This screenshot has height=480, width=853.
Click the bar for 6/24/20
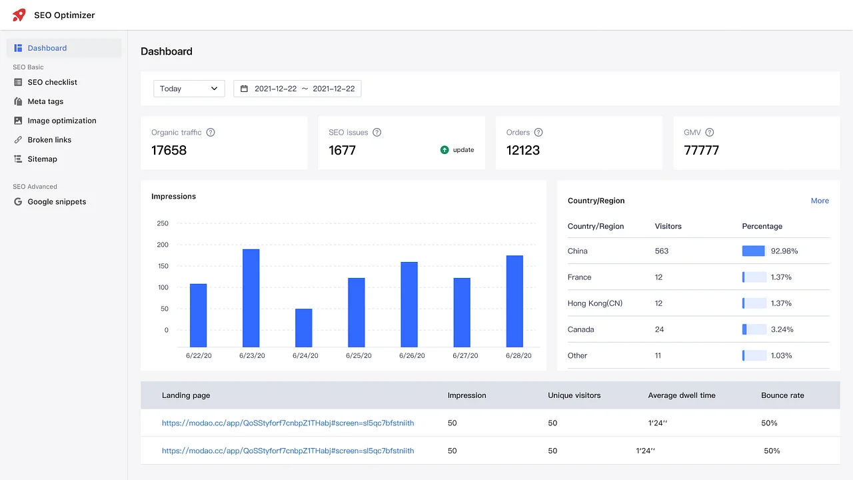tap(303, 327)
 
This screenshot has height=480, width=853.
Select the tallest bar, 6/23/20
tap(251, 297)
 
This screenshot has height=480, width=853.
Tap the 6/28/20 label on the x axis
tap(518, 356)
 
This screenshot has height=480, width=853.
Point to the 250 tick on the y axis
tap(163, 223)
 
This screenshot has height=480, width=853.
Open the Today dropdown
tap(189, 89)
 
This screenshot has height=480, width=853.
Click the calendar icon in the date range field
tap(244, 89)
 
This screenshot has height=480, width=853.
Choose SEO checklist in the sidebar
tap(52, 82)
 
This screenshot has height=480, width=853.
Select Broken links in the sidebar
tap(49, 140)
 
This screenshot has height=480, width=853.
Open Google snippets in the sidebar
tap(57, 202)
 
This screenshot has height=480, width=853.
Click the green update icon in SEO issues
tap(444, 150)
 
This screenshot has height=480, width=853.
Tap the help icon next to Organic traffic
tap(211, 133)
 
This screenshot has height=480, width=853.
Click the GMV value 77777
tap(701, 150)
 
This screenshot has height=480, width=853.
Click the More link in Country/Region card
tap(820, 201)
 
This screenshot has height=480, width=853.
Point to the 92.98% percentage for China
tap(784, 251)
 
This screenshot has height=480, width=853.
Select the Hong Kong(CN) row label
tap(594, 303)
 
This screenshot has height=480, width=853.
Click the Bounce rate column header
tap(782, 395)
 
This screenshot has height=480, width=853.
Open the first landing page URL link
tap(288, 423)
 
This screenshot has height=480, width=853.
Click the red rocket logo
tap(19, 15)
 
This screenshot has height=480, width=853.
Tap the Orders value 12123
tap(523, 150)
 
